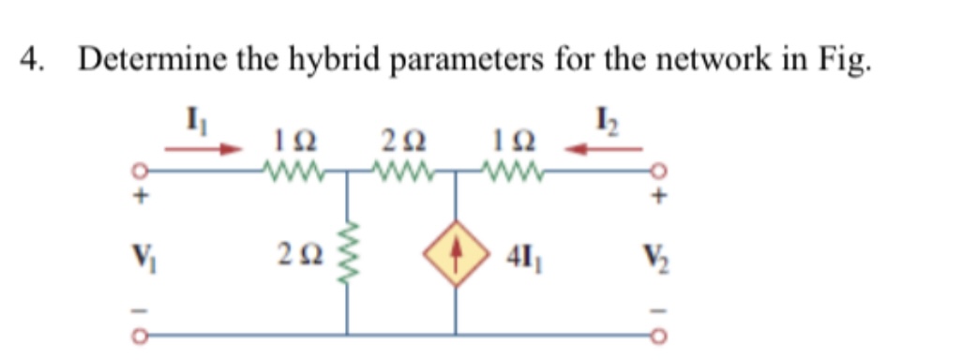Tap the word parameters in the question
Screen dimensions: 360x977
click(461, 61)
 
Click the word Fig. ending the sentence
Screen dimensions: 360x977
click(845, 61)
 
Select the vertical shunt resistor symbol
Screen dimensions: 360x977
click(349, 255)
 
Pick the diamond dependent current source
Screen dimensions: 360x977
click(456, 254)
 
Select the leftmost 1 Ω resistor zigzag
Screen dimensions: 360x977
click(294, 172)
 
